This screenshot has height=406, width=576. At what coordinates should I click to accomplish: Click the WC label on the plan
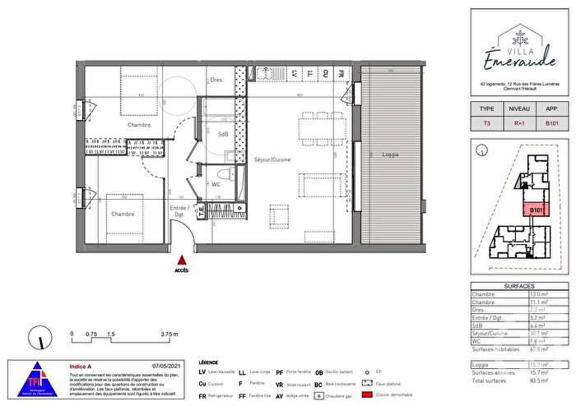click(216, 184)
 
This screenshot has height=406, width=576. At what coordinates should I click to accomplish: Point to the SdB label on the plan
click(222, 133)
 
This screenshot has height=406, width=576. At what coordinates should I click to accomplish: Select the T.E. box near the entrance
click(198, 211)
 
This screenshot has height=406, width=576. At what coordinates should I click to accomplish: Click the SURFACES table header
click(518, 284)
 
